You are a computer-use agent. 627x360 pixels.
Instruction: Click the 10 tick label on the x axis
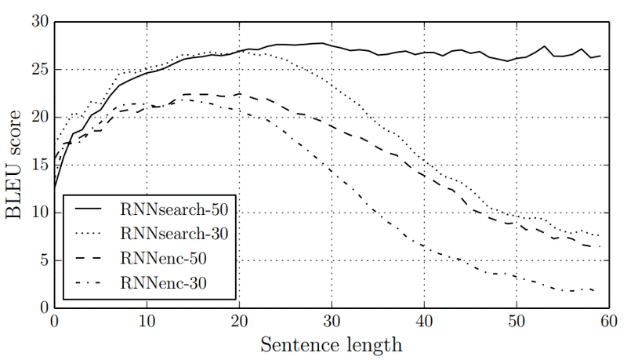click(147, 322)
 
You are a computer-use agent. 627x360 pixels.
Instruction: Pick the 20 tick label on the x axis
click(239, 322)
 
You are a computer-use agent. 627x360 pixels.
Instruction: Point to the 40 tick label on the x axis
click(424, 322)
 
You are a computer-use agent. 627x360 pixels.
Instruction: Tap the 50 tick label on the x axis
click(516, 322)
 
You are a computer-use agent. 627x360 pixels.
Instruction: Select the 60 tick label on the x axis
click(608, 322)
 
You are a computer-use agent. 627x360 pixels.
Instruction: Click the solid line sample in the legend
click(92, 209)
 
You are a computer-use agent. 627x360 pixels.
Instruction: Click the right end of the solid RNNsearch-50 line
click(600, 56)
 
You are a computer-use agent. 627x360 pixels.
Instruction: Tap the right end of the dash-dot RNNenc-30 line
click(600, 292)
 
